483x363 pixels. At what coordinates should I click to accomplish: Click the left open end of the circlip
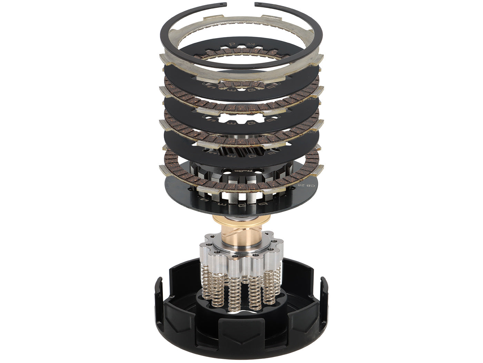click(224, 4)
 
